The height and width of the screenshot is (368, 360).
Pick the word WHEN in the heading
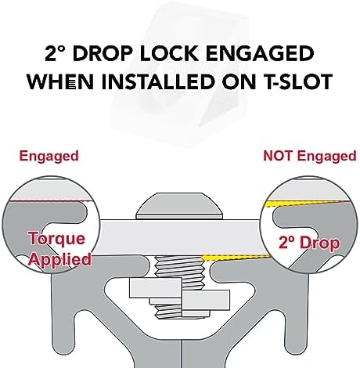coord(60,81)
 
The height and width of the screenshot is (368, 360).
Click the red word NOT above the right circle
coord(278,156)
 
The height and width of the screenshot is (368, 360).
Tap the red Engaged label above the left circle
coord(49,157)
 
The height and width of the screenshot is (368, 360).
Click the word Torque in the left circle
coord(57,239)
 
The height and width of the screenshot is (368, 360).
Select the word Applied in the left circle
coord(60,259)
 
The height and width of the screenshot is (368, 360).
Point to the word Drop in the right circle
coord(320,244)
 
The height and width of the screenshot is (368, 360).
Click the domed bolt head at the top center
coord(180,206)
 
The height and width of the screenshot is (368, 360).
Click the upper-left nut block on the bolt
coord(156,287)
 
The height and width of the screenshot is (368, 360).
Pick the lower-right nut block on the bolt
coord(206,300)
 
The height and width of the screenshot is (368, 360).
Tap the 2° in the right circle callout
coord(287,243)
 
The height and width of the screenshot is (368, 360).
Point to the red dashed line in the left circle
coord(50,201)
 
